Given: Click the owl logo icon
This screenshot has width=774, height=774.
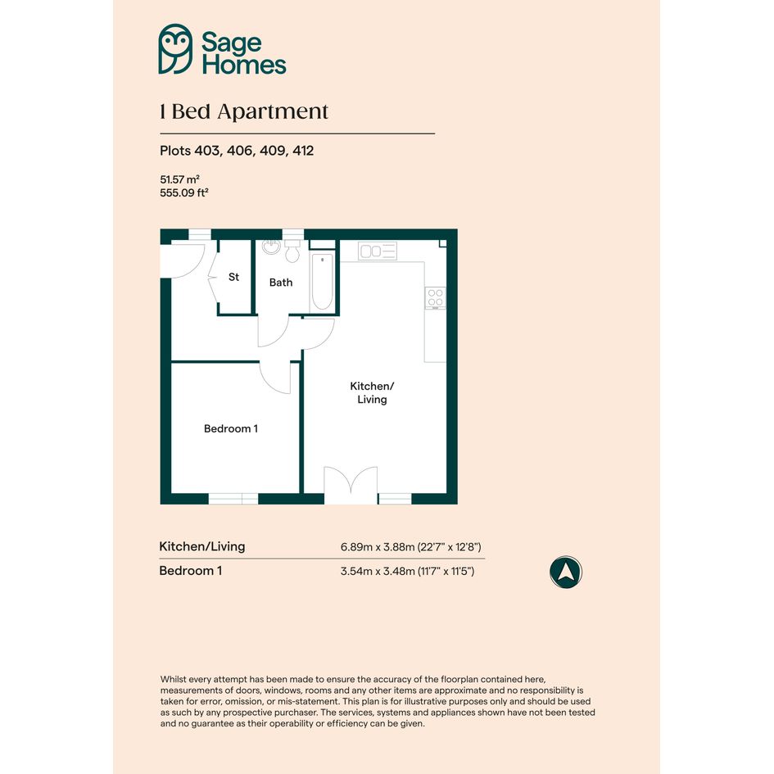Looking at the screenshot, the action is tap(175, 49).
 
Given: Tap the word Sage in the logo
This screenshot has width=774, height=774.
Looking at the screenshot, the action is tap(231, 43).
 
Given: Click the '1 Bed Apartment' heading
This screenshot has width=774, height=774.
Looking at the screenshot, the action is tap(244, 112).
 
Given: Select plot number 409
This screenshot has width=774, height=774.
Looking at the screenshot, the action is tap(272, 151).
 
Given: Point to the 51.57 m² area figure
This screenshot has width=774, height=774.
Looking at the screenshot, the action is tap(179, 179).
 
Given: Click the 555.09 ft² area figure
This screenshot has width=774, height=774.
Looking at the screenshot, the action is tap(184, 192).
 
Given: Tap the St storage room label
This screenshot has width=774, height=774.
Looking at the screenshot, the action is tap(233, 277).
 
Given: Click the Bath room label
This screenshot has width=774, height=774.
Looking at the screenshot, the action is tap(281, 283).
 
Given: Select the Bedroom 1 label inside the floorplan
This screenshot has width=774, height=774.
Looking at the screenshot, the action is tap(231, 428).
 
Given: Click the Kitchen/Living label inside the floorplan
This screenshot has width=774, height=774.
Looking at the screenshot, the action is tap(372, 392).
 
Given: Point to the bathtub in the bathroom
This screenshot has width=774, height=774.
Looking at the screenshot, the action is tap(323, 282).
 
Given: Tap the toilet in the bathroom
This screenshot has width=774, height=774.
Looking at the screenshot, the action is tap(292, 251).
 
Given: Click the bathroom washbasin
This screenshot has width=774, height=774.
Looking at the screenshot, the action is tap(271, 247).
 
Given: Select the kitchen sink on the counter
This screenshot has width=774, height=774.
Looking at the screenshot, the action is tap(378, 251).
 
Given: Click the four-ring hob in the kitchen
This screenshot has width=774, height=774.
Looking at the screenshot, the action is tap(436, 297).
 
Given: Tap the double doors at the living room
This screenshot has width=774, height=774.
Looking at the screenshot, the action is tap(351, 485).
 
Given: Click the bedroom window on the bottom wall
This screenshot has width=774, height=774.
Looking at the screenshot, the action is tap(233, 499).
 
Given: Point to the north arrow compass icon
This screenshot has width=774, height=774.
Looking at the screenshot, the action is tap(566, 573).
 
